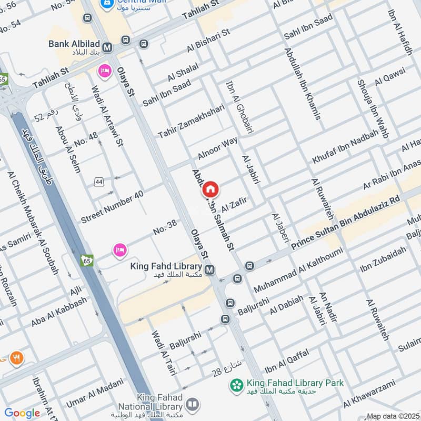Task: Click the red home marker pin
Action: [210, 188]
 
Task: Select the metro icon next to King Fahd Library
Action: [209, 270]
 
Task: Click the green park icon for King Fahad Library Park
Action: [236, 386]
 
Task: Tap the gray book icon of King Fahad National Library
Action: [193, 403]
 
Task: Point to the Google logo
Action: [22, 413]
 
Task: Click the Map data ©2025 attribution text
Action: [393, 416]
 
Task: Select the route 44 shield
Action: [98, 182]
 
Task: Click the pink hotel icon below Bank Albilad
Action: [104, 70]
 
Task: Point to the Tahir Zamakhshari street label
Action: [191, 121]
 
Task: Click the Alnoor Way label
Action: [218, 148]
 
